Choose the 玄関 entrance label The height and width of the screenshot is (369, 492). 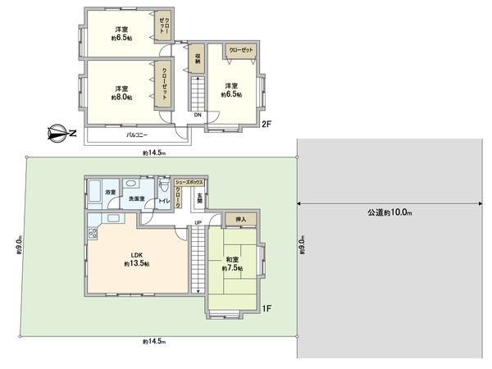click(199, 197)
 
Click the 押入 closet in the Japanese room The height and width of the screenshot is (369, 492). click(241, 220)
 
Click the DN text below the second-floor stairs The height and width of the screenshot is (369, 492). click(198, 115)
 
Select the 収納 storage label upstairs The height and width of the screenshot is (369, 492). click(198, 59)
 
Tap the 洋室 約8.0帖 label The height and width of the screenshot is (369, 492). click(121, 92)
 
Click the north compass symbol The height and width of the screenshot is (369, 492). click(58, 132)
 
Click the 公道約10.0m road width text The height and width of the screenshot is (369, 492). click(390, 213)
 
